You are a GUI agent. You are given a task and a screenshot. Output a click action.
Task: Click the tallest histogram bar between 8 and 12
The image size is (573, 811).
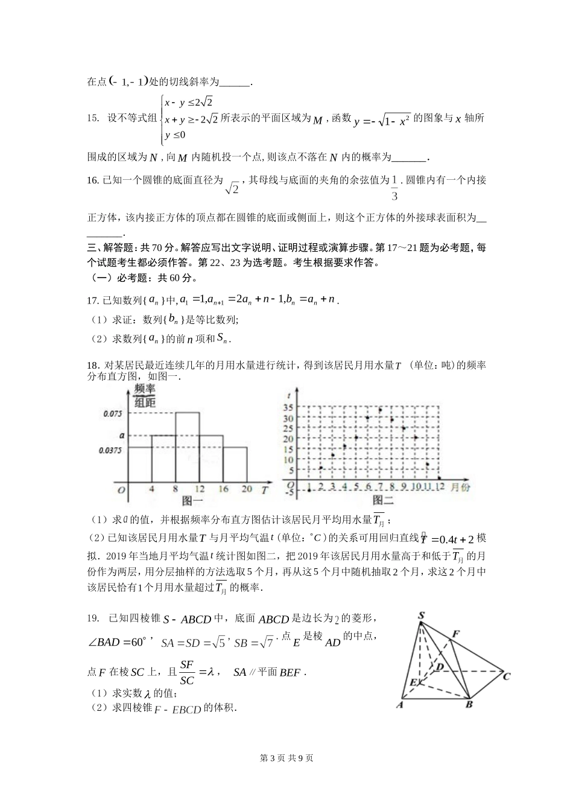[187, 447]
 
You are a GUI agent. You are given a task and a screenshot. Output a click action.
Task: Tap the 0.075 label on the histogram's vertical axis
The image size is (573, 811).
[113, 413]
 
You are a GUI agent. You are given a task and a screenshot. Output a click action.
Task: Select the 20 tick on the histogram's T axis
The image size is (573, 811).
[246, 489]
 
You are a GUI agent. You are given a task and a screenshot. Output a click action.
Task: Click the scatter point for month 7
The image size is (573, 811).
[380, 410]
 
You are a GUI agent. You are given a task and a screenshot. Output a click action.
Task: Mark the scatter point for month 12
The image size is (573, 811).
[439, 478]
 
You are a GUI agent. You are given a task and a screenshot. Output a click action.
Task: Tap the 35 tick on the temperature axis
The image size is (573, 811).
[288, 407]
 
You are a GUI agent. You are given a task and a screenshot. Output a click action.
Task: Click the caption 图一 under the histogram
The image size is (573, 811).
[192, 500]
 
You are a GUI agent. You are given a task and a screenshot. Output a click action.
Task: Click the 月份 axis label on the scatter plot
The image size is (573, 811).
[460, 488]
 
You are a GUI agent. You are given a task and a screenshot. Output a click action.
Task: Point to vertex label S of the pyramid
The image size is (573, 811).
[421, 615]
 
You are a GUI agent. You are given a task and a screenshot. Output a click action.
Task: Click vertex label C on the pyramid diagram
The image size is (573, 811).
[506, 676]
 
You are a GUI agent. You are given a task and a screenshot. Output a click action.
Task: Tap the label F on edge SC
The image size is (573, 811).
[456, 634]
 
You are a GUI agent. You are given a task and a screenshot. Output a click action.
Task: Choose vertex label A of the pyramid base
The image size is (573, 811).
[399, 704]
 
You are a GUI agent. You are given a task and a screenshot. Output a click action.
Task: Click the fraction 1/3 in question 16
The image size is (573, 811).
[395, 188]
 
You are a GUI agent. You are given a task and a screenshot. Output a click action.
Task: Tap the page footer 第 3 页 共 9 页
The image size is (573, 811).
[286, 759]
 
